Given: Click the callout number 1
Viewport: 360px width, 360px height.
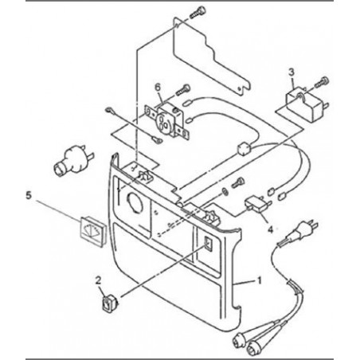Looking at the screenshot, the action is coord(259,280).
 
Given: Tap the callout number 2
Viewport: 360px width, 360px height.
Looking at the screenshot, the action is coord(98,280).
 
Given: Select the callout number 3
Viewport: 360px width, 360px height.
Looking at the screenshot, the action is coord(292,72).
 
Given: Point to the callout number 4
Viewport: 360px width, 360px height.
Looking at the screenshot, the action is coord(270,229).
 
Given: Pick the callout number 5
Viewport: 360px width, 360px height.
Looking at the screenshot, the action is coord(29,195).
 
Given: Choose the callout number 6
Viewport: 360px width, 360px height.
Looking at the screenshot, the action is coord(158,87).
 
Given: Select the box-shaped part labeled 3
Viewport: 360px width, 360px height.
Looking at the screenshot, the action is coord(306,105).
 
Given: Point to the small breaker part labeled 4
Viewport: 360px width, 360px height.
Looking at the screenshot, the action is coord(258,205).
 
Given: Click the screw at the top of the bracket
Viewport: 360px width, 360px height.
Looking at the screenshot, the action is coord(198,13).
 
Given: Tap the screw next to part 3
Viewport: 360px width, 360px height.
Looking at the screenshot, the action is coord(321,82).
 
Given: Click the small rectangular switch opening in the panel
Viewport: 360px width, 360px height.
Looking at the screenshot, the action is coord(208,244).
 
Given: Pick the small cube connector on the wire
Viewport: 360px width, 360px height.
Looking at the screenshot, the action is coord(244,149).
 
